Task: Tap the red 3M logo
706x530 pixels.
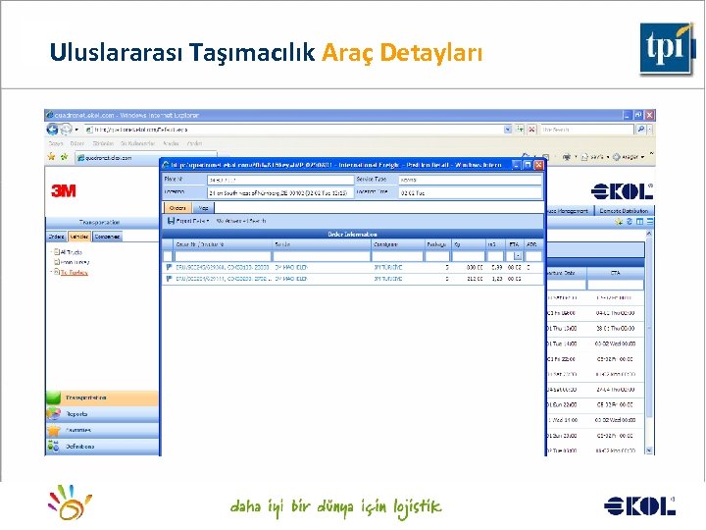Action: tap(64, 190)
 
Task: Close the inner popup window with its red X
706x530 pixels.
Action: tap(537, 164)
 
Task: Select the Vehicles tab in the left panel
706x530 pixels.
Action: tap(79, 237)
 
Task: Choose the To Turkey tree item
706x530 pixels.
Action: tap(74, 272)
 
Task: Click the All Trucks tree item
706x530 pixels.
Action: tap(71, 251)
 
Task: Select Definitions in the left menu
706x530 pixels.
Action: tap(80, 446)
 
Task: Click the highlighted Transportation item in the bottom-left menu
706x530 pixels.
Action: tap(86, 397)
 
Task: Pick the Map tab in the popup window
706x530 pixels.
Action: tap(203, 208)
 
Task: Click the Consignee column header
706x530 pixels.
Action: tap(385, 243)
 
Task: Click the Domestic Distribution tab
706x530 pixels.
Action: tap(624, 210)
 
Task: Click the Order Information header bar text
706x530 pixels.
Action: tap(353, 234)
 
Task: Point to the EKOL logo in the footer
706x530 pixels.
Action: tap(639, 505)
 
